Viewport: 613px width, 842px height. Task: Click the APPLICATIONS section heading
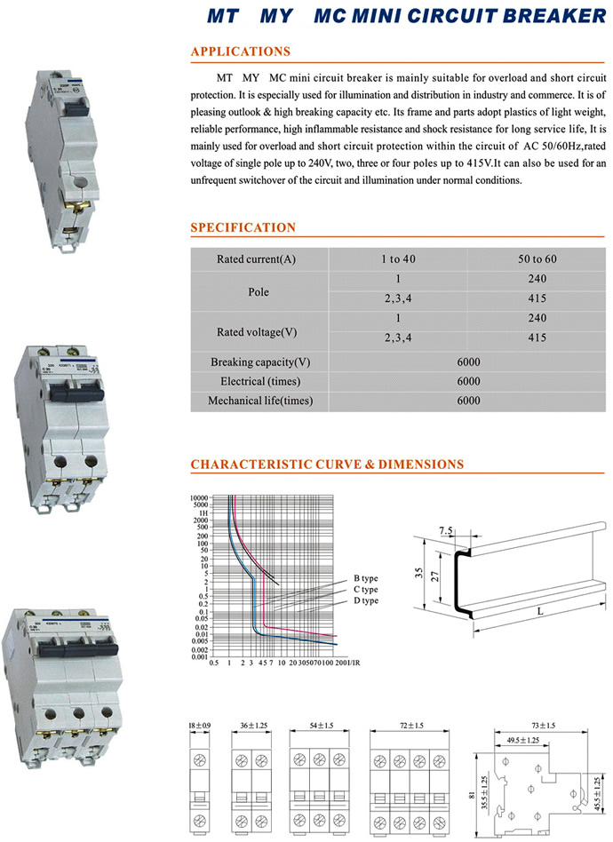[x=240, y=52]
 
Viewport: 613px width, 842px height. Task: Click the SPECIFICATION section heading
[x=243, y=228]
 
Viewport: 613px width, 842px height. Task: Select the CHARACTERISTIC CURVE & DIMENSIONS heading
[x=327, y=464]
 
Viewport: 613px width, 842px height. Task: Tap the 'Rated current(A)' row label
[x=257, y=259]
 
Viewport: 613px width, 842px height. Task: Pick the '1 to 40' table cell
[x=398, y=259]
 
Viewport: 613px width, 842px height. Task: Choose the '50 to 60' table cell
[x=537, y=259]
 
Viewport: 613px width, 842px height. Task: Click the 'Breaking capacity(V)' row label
[x=259, y=362]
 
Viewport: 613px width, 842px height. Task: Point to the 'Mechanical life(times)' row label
[x=259, y=401]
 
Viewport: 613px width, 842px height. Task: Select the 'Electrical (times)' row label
[x=259, y=381]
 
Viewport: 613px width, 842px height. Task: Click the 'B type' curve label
[x=366, y=577]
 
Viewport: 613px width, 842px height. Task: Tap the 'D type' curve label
[x=366, y=600]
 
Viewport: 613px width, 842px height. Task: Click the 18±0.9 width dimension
[x=199, y=726]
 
